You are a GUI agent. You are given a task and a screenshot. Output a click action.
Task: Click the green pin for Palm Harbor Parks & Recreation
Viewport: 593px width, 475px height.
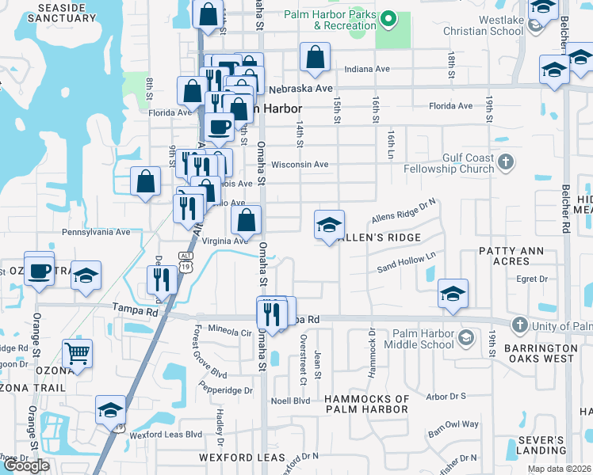click(x=388, y=18)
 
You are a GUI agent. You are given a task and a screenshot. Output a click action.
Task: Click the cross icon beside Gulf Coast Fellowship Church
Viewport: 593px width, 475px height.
click(x=506, y=164)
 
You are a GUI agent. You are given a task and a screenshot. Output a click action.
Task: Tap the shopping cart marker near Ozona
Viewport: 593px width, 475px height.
click(x=77, y=354)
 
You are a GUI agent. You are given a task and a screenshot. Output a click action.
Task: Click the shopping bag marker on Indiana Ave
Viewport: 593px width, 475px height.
click(x=315, y=57)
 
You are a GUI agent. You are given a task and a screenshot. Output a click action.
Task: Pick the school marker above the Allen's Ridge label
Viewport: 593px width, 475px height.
click(x=329, y=225)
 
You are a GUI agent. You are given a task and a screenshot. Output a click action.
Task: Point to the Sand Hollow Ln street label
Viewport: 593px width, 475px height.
click(x=407, y=263)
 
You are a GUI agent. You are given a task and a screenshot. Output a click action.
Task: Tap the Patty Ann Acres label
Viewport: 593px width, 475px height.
click(x=515, y=256)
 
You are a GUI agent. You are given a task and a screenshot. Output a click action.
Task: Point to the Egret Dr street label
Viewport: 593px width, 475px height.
click(x=532, y=279)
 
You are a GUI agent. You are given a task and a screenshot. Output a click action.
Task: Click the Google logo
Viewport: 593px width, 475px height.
click(x=26, y=465)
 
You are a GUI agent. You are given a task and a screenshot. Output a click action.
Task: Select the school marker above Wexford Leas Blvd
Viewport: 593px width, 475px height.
click(x=110, y=410)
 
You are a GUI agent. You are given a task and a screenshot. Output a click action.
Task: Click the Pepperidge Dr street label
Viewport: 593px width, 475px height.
click(x=227, y=390)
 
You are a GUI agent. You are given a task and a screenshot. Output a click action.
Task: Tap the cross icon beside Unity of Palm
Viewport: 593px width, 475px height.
click(x=519, y=325)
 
